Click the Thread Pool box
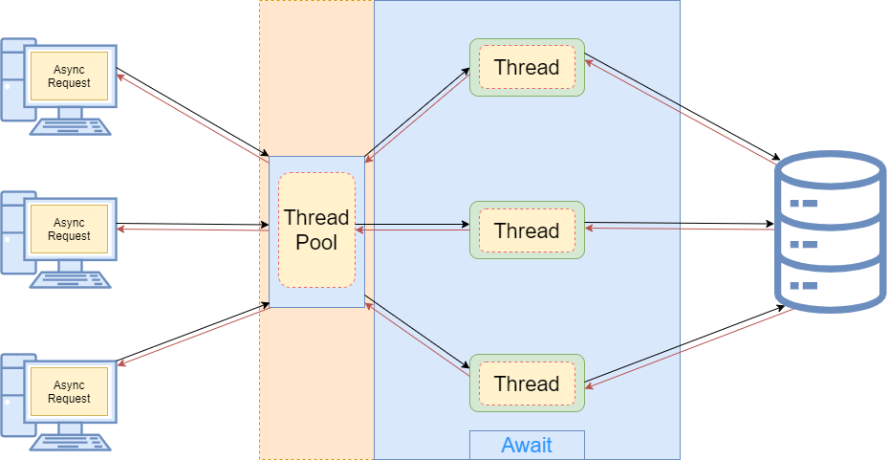[x=316, y=230]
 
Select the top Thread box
[x=527, y=67]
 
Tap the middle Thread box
[x=527, y=230]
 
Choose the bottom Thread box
[x=527, y=383]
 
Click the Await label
[x=527, y=445]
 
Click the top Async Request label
[x=70, y=76]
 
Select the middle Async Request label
[x=70, y=230]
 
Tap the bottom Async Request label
[x=70, y=391]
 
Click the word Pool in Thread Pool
[x=316, y=243]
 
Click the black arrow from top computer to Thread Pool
[x=191, y=112]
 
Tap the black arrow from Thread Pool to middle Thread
[x=416, y=226]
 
